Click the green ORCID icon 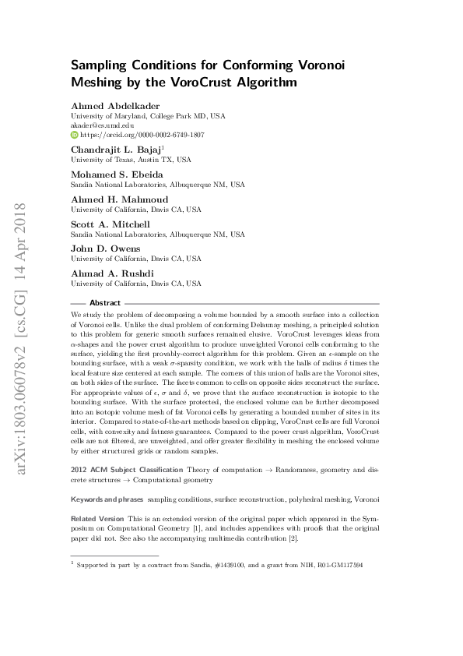[75, 134]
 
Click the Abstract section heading [105, 302]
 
